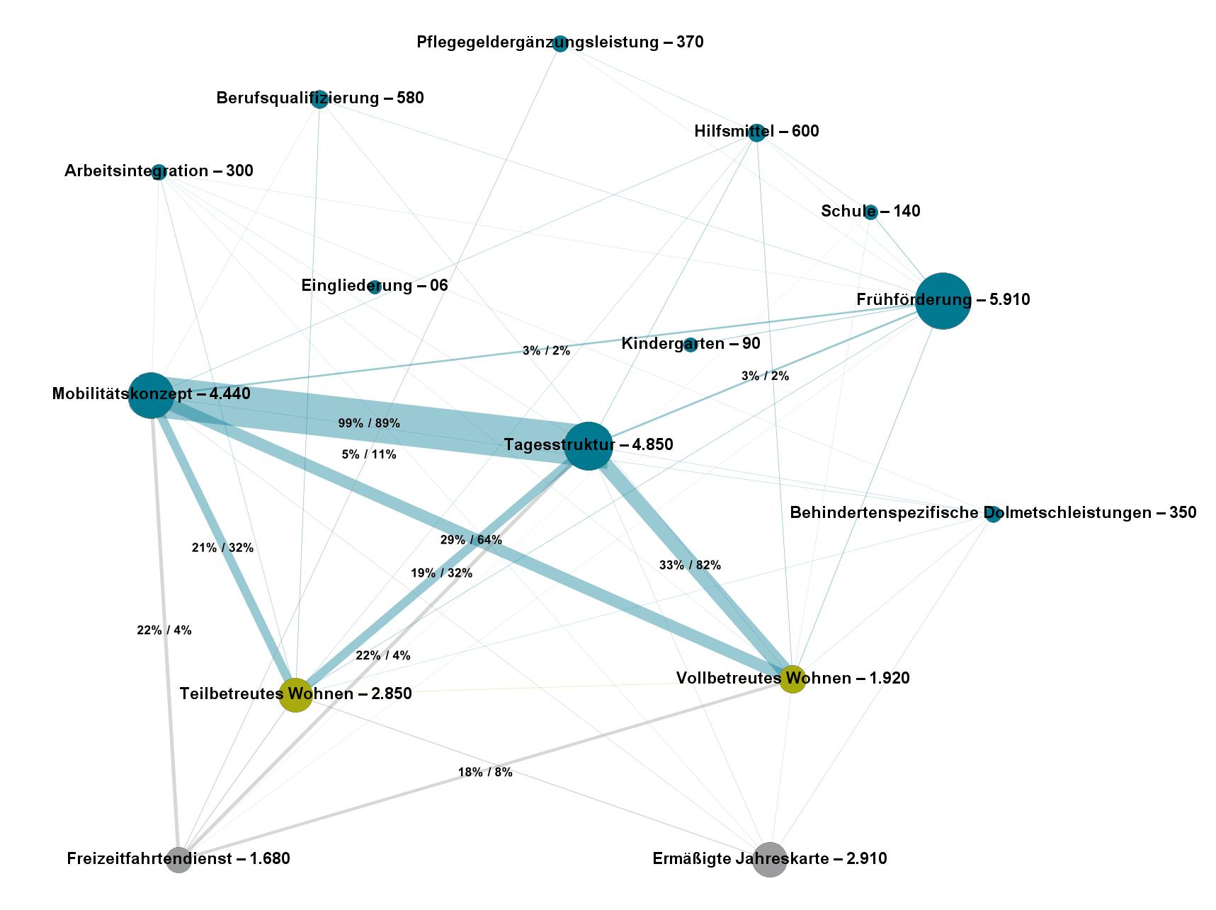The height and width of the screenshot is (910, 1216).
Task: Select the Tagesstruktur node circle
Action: click(588, 445)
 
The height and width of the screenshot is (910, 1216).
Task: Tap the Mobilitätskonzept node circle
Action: click(151, 395)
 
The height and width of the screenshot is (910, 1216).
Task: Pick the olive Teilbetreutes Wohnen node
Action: click(295, 694)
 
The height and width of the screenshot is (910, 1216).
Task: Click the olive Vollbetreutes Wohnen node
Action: click(792, 679)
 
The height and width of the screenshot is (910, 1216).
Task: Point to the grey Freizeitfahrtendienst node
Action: click(179, 859)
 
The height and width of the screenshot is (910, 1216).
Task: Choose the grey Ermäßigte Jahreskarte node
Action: click(769, 859)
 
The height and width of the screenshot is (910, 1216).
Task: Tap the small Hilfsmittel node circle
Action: click(756, 132)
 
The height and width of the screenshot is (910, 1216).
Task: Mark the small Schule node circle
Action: click(870, 212)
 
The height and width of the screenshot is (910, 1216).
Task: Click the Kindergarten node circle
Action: click(690, 345)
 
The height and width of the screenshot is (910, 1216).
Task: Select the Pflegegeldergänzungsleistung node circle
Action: click(560, 43)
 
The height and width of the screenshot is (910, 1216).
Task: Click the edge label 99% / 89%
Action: click(369, 423)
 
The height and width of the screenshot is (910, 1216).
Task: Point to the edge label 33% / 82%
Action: click(690, 565)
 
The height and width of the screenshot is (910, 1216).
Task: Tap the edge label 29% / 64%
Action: click(471, 540)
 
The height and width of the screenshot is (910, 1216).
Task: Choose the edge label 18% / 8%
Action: click(485, 772)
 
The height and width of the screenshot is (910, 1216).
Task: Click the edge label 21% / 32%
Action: click(222, 547)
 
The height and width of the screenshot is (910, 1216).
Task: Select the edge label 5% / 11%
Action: click(369, 454)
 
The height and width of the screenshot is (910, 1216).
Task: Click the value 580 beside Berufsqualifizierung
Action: click(410, 98)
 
